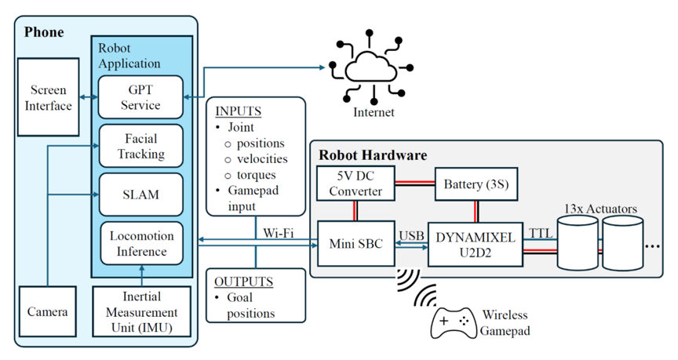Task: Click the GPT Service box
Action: [x=140, y=97]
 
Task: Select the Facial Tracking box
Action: [x=141, y=146]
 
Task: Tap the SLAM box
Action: [x=141, y=195]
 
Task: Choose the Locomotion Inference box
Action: [x=142, y=243]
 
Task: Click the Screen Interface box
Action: [x=48, y=97]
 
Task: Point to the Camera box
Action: [x=48, y=311]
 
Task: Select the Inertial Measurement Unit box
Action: [x=142, y=311]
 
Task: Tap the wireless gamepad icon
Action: [x=453, y=323]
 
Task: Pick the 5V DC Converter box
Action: [x=355, y=184]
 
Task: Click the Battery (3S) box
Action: [x=476, y=184]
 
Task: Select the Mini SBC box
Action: [x=355, y=244]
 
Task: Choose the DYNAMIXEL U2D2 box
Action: [x=476, y=245]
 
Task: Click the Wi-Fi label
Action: [x=278, y=234]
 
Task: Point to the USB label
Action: [x=411, y=235]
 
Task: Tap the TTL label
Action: [x=541, y=234]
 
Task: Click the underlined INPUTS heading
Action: [x=239, y=111]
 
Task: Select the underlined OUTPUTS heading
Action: [x=244, y=282]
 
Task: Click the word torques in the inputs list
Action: [x=256, y=175]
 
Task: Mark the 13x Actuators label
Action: [x=600, y=209]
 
